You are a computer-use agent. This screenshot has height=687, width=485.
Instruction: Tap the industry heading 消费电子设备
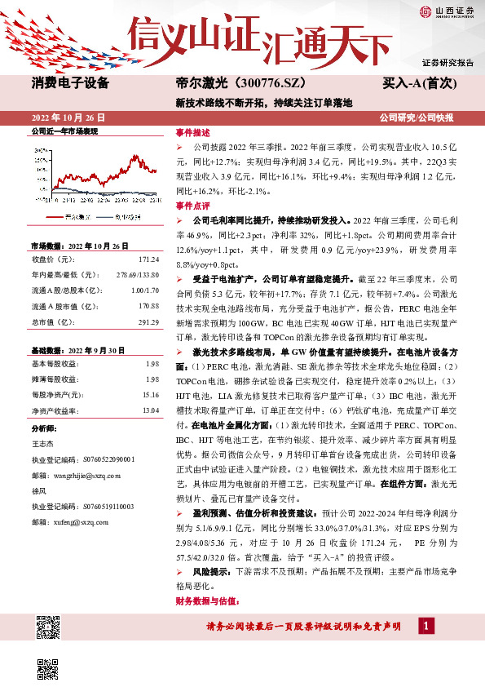pyautogui.click(x=70, y=83)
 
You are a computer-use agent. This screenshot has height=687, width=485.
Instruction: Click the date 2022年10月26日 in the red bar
pyautogui.click(x=68, y=117)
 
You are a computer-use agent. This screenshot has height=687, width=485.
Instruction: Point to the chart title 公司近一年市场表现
pyautogui.click(x=64, y=131)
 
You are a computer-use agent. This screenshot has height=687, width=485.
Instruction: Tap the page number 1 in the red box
pyautogui.click(x=425, y=626)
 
